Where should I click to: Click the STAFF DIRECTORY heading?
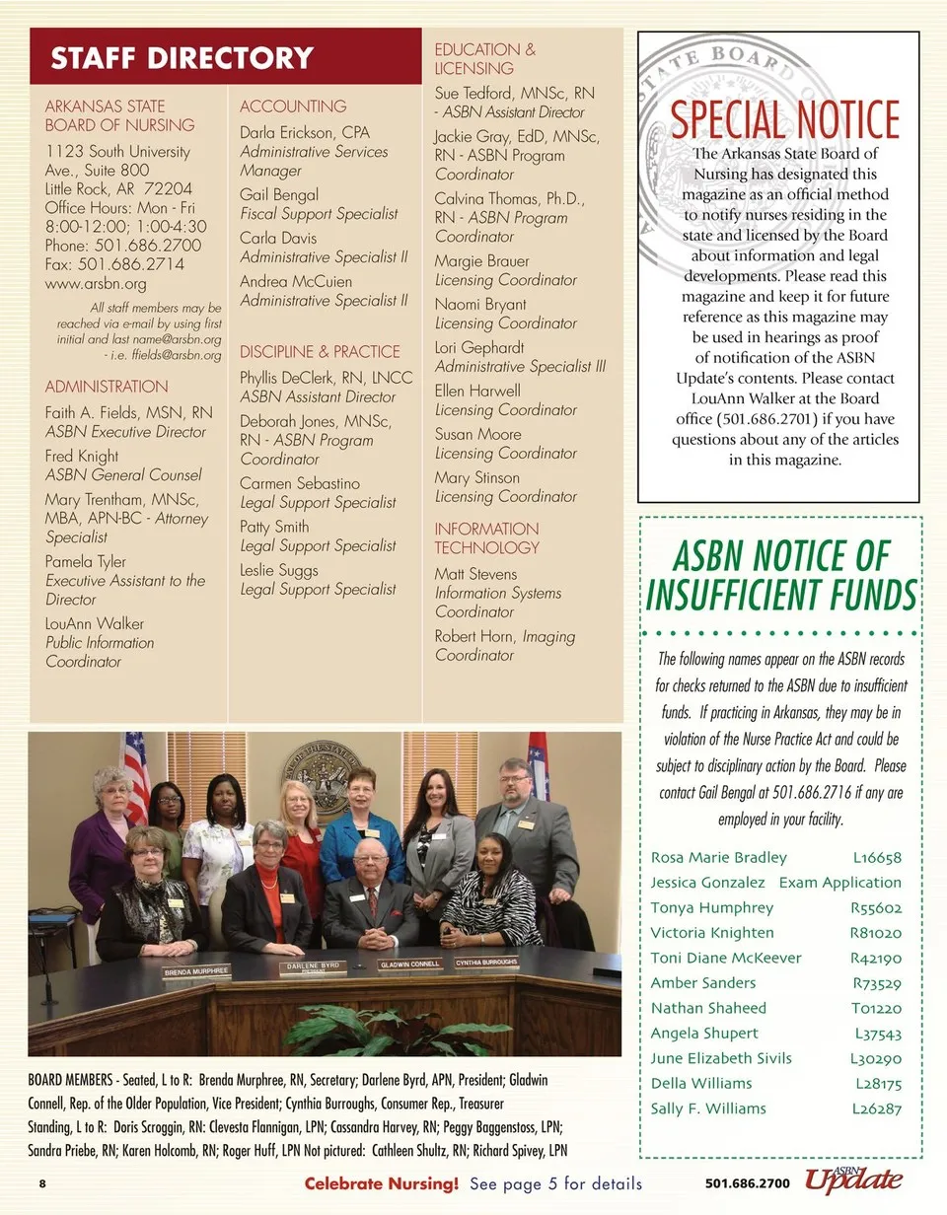coord(182,58)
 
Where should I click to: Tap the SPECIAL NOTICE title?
coord(784,118)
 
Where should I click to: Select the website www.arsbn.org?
coord(96,284)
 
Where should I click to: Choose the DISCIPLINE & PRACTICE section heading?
coord(320,351)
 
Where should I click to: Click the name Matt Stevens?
coord(475,574)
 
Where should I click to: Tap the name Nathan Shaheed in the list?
coord(708,1008)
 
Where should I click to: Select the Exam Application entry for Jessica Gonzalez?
coord(840,883)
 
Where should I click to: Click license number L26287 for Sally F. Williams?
coord(876,1108)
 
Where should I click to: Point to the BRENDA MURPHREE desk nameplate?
coord(196,971)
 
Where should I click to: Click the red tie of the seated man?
coord(373,902)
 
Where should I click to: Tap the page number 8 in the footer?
coord(42,1183)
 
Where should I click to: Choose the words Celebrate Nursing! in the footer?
coord(382,1183)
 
